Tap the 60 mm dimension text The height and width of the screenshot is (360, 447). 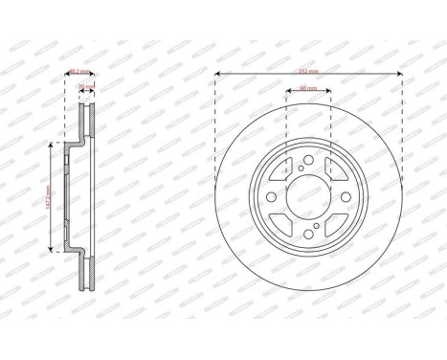click(x=308, y=89)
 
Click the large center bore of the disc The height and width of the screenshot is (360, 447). click(x=308, y=198)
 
